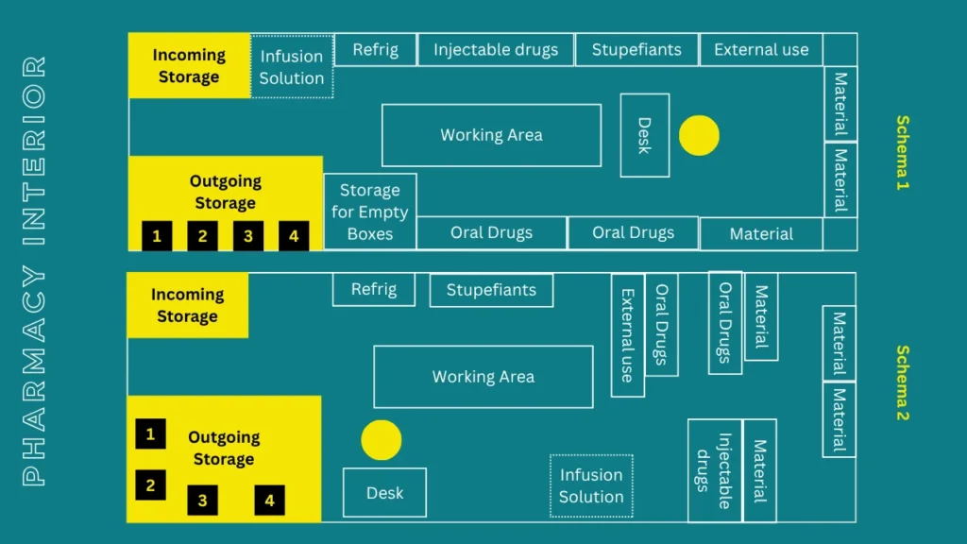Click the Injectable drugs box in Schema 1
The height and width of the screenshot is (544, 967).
pyautogui.click(x=496, y=49)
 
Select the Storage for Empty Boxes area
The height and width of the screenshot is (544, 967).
pyautogui.click(x=370, y=212)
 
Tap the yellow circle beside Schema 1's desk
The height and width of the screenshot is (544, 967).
pyautogui.click(x=699, y=135)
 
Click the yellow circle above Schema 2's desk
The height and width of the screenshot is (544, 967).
pyautogui.click(x=382, y=440)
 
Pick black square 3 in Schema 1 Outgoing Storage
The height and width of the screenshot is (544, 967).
pyautogui.click(x=248, y=235)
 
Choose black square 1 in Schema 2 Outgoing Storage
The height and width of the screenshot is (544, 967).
pyautogui.click(x=150, y=433)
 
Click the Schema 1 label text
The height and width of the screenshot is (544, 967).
pyautogui.click(x=902, y=152)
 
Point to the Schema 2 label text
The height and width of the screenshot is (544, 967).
pyautogui.click(x=902, y=383)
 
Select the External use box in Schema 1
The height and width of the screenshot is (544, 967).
pyautogui.click(x=761, y=49)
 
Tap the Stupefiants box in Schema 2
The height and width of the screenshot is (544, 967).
pyautogui.click(x=491, y=290)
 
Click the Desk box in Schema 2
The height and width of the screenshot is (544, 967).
pyautogui.click(x=385, y=493)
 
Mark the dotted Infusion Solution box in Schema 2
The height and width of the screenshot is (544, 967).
pyautogui.click(x=591, y=486)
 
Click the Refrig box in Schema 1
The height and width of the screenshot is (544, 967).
pyautogui.click(x=375, y=49)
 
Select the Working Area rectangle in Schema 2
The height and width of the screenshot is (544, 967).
pyautogui.click(x=483, y=377)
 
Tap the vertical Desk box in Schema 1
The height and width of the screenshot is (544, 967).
pyautogui.click(x=644, y=135)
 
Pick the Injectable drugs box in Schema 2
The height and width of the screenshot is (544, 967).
pyautogui.click(x=715, y=470)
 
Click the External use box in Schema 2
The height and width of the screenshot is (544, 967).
pyautogui.click(x=628, y=335)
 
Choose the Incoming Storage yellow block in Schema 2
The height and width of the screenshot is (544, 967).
pyautogui.click(x=188, y=305)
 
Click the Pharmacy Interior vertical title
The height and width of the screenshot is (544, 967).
pyautogui.click(x=35, y=271)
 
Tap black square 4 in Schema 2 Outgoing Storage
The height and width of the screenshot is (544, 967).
pyautogui.click(x=269, y=501)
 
